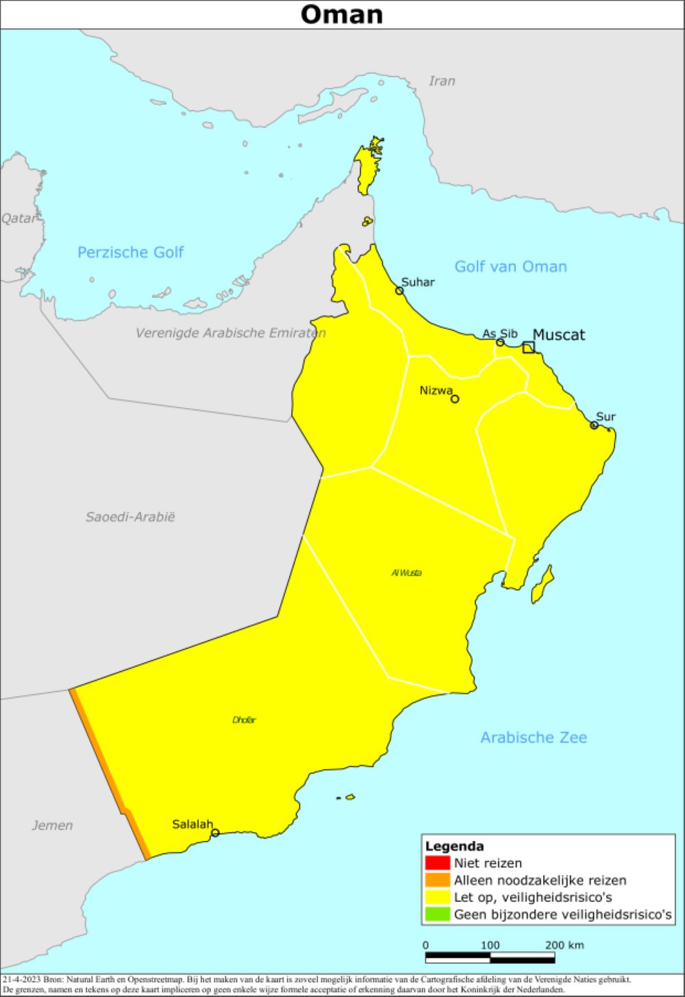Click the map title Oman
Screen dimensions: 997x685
point(342,14)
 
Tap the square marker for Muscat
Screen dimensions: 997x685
point(528,347)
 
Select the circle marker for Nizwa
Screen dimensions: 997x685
point(455,399)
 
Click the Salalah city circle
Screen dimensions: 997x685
point(215,833)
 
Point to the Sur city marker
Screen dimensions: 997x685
point(594,425)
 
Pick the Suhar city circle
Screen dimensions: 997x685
point(399,291)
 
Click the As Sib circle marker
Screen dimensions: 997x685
point(500,342)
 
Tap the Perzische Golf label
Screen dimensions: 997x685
point(130,253)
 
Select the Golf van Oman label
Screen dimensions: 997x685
point(510,267)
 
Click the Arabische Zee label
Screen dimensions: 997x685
point(533,737)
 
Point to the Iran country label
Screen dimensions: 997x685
point(442,81)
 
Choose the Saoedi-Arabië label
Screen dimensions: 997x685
point(130,517)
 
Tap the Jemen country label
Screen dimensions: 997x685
point(52,825)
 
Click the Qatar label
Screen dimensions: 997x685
point(18,218)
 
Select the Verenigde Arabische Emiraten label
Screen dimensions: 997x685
point(230,333)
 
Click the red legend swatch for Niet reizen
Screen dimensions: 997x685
point(437,863)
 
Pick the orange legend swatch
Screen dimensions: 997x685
point(437,880)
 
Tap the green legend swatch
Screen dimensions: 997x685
point(437,914)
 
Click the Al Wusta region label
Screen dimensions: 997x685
point(406,572)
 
